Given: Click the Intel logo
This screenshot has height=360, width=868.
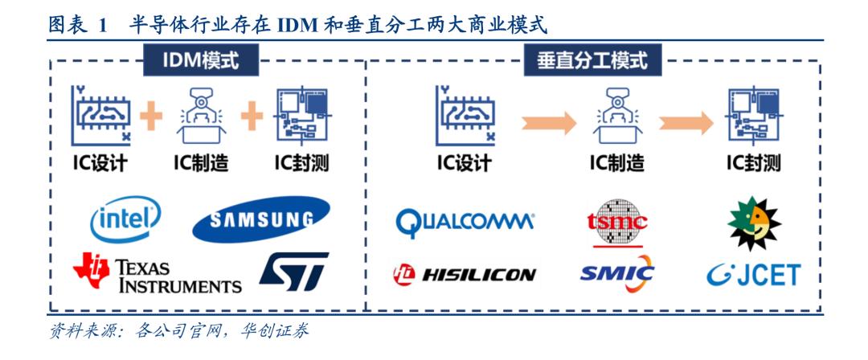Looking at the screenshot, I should point(125,219).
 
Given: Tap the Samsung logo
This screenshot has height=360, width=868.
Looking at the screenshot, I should point(260,219).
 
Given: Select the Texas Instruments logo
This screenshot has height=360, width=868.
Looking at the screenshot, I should point(157,273).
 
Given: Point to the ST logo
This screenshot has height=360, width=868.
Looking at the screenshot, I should point(293,272).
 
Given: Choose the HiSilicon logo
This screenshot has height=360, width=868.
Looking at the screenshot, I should point(464,275).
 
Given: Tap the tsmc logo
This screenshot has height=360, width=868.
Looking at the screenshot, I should point(617,219).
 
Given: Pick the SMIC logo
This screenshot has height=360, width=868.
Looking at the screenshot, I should point(616,274).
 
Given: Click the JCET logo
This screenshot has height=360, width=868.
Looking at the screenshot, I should point(754,274).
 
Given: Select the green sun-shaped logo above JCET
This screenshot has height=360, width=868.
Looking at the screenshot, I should point(754,221).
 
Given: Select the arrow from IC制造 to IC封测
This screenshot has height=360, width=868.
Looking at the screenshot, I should point(686,123).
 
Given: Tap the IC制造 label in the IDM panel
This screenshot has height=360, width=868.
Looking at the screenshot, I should point(201,163).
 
